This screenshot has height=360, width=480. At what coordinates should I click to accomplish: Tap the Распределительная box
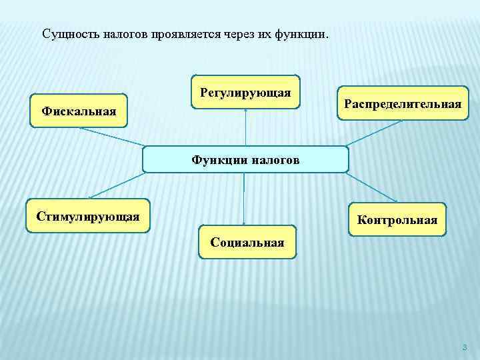403,103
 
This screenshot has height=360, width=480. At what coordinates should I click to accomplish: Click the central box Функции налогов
245,159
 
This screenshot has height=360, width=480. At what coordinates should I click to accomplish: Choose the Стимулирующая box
88,215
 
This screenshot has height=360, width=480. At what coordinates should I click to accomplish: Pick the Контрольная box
397,219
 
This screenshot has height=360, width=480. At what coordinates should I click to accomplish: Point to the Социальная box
247,242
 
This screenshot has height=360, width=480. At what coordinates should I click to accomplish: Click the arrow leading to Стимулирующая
117,185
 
